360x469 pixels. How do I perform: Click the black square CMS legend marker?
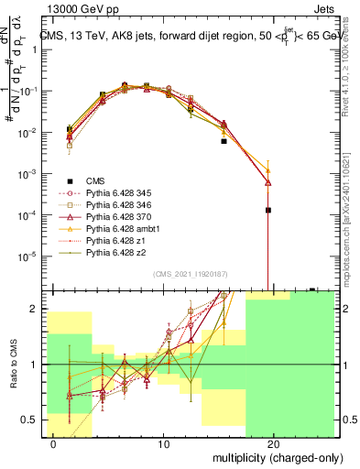70,180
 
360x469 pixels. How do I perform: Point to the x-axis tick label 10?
164,443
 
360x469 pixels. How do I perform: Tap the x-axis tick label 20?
273,443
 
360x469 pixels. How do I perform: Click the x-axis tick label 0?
55,443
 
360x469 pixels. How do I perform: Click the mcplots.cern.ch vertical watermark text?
353,220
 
